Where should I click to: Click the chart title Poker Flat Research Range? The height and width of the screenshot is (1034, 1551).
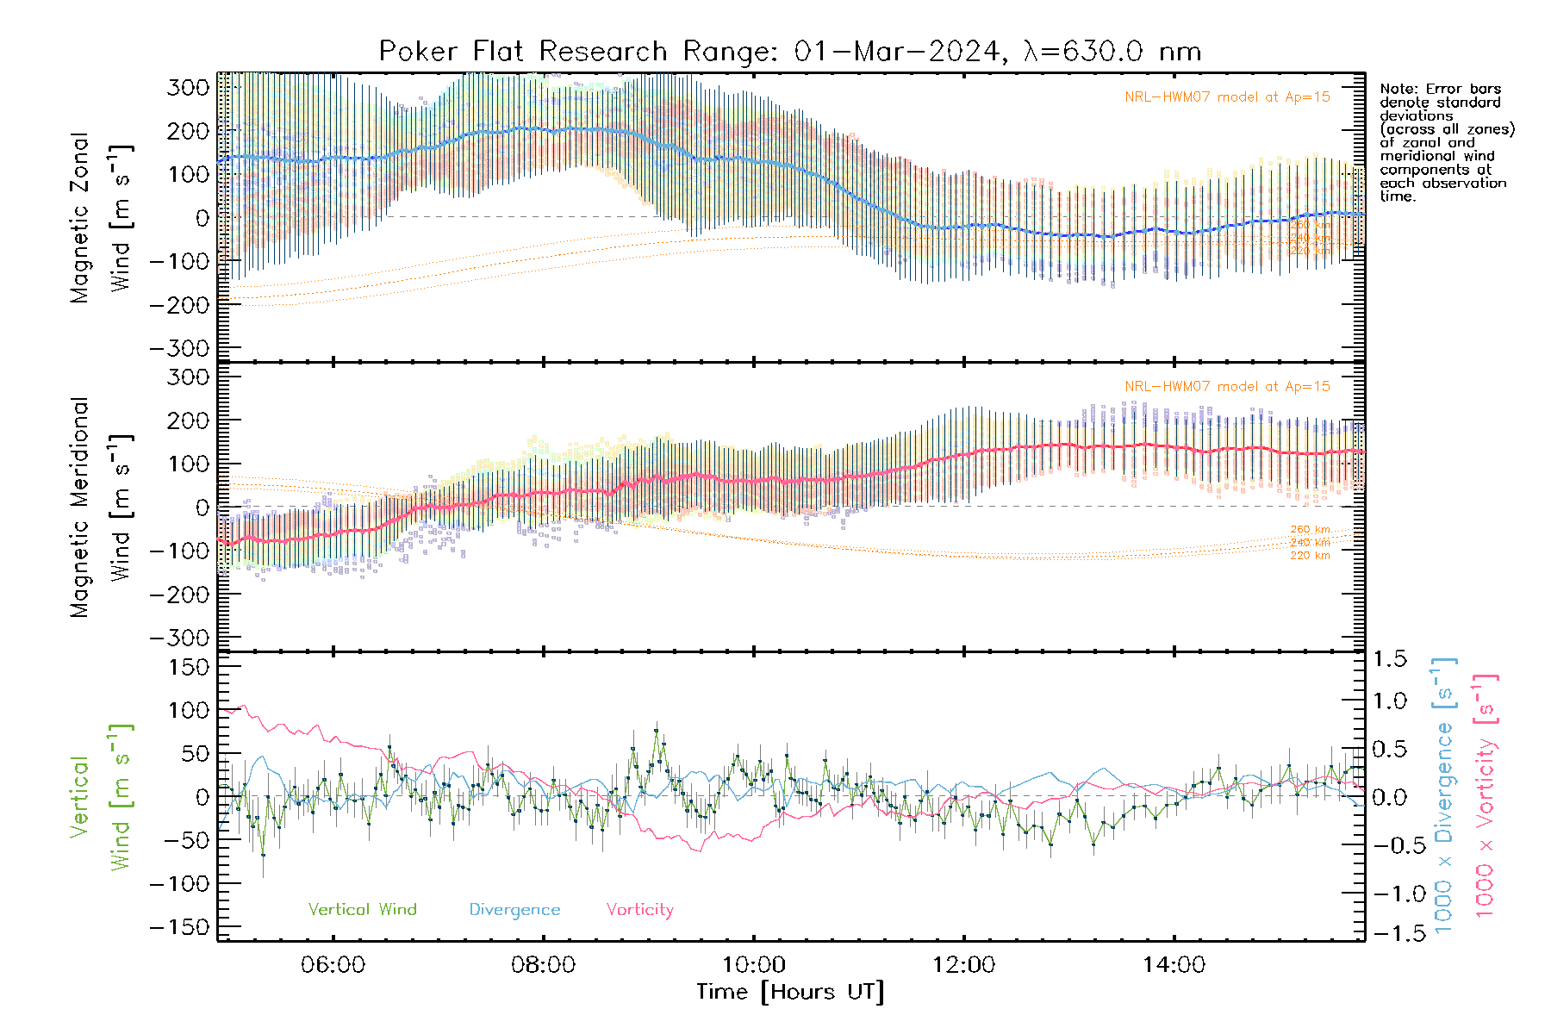[789, 52]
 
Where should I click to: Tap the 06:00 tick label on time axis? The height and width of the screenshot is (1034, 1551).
[333, 965]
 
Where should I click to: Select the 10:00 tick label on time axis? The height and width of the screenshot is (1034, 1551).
[753, 965]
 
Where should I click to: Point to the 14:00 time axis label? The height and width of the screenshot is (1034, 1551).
[1174, 965]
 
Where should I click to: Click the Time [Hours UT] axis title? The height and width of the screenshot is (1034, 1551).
[790, 992]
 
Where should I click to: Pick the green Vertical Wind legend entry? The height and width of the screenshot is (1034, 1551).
[362, 910]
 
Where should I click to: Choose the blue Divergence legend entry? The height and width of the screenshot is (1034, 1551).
[514, 910]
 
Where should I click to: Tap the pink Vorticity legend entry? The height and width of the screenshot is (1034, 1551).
[639, 910]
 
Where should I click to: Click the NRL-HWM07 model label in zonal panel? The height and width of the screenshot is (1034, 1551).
[1227, 97]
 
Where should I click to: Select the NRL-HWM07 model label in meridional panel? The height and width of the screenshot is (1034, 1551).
[1227, 387]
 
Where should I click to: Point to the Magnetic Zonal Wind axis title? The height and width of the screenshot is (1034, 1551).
[102, 217]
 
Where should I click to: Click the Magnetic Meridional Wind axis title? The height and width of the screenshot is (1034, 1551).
[102, 508]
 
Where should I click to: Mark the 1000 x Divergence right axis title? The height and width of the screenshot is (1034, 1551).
[1444, 795]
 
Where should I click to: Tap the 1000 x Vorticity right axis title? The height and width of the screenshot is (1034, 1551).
[1486, 795]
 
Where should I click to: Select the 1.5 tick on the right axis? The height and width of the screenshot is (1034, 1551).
[1389, 659]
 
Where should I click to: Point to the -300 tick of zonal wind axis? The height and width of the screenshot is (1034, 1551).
[179, 348]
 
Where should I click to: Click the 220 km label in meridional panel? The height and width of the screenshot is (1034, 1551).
[1310, 556]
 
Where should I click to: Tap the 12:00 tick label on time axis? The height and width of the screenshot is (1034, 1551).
[963, 965]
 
